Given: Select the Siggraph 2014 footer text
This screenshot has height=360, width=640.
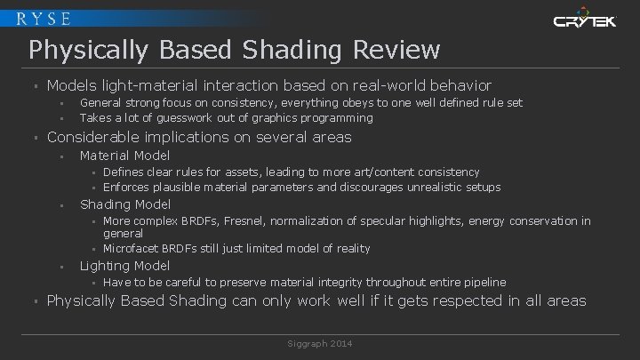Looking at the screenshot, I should click(x=319, y=341).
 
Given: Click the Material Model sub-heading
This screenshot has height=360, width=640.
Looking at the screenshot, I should click(x=124, y=156).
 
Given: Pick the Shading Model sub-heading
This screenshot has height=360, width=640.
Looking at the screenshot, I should click(x=125, y=204).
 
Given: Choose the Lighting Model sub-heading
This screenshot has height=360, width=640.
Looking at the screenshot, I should click(x=124, y=266).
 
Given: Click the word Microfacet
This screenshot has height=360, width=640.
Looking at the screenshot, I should click(x=133, y=248).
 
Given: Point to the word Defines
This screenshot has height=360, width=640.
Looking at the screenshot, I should click(x=125, y=172).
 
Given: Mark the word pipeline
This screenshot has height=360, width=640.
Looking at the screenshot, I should click(x=482, y=282).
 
